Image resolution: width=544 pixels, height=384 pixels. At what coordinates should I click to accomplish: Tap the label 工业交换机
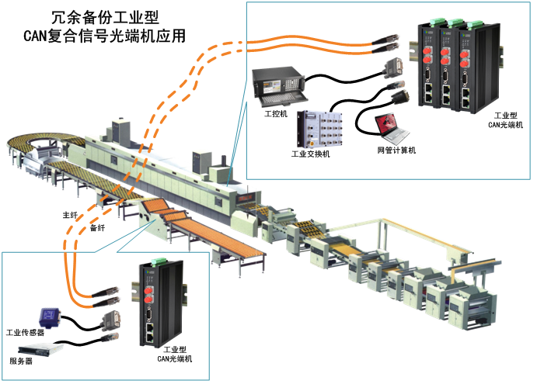(x=311, y=154)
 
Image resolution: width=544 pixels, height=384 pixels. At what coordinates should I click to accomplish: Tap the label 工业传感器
(x=24, y=333)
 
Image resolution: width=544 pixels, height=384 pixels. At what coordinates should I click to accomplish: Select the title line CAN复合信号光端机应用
(x=104, y=34)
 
